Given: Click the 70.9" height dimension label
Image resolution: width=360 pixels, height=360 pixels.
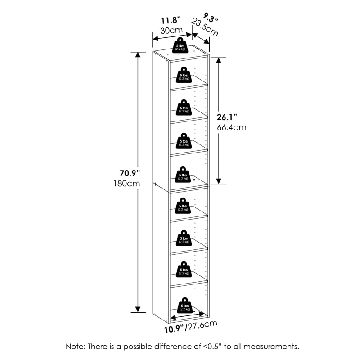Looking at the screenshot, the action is click(x=130, y=173).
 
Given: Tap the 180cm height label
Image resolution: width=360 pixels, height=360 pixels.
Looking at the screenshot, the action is click(x=127, y=184).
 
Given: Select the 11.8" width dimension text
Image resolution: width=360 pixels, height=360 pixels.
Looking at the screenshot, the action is click(x=171, y=20).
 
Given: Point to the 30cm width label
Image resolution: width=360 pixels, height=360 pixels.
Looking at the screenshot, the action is click(x=171, y=30).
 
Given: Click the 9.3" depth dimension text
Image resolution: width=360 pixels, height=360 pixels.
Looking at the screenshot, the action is click(x=211, y=18).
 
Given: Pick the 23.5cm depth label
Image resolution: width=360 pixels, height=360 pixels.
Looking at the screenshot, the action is click(x=205, y=27).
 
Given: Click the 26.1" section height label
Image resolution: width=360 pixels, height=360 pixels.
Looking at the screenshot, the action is click(x=227, y=117).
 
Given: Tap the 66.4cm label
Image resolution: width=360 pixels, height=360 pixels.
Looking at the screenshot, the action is click(x=232, y=127).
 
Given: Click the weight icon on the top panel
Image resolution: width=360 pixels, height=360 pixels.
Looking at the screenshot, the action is click(x=180, y=46).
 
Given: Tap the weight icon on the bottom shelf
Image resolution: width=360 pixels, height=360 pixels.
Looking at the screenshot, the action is click(x=185, y=305).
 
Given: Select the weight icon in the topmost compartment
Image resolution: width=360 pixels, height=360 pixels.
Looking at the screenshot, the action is click(x=184, y=75).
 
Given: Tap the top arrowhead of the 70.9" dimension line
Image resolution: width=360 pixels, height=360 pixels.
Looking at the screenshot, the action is click(x=138, y=55).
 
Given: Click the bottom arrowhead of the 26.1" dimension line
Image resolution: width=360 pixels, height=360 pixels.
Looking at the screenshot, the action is click(x=219, y=181).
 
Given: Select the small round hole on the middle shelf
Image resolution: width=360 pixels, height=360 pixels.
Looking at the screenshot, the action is click(x=195, y=180).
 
